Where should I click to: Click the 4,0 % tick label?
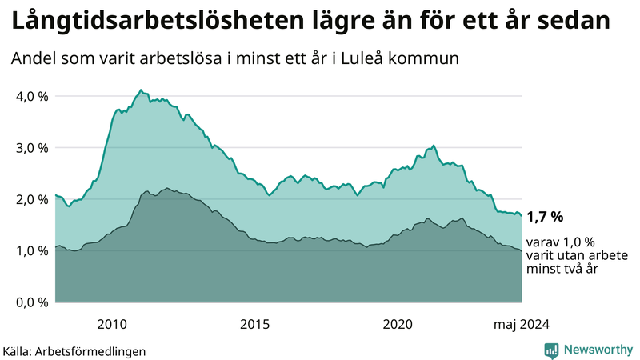[x=31, y=96]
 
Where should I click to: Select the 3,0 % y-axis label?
[x=31, y=148]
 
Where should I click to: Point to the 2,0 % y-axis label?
[x=31, y=199]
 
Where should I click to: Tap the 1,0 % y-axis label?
[x=31, y=251]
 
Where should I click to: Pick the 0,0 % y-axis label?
[x=31, y=302]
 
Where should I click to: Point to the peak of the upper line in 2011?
[x=141, y=90]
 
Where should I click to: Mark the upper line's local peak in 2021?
[x=434, y=146]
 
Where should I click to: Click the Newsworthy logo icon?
[x=551, y=350]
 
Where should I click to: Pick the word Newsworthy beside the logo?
[x=597, y=350]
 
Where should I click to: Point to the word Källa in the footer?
[x=18, y=351]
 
